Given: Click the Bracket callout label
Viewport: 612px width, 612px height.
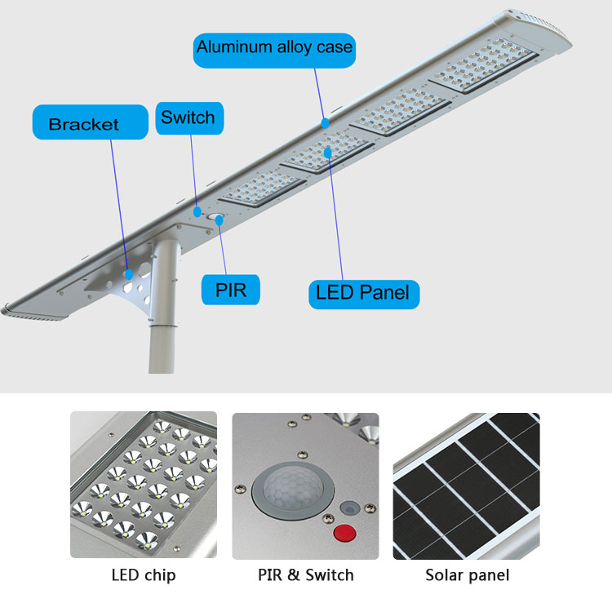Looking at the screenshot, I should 84,124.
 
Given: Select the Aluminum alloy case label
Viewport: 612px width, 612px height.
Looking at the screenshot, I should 274,47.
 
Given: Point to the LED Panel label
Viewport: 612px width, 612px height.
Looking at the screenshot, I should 363,292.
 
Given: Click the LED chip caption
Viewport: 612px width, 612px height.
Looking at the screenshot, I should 143,575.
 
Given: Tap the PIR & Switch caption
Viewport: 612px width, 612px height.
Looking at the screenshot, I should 306,575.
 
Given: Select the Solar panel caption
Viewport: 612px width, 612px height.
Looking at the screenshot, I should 467,575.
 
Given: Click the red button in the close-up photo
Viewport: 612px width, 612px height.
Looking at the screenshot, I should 347,534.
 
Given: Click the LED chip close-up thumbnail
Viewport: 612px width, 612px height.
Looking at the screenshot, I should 144,485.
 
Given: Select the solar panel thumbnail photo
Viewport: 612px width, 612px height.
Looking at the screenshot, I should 466,485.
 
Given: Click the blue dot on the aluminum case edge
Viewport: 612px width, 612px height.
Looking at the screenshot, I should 325,123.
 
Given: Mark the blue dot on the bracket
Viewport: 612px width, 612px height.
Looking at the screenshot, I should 128,274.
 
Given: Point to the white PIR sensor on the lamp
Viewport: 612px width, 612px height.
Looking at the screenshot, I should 216,218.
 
